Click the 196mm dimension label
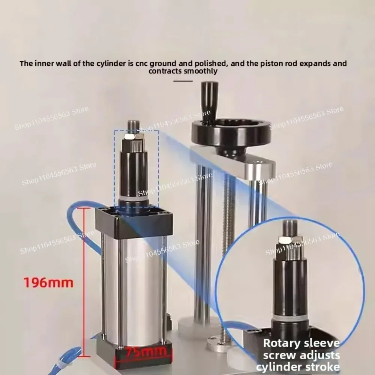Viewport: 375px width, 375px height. pyautogui.click(x=48, y=282)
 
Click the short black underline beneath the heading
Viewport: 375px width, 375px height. pyautogui.click(x=183, y=80)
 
